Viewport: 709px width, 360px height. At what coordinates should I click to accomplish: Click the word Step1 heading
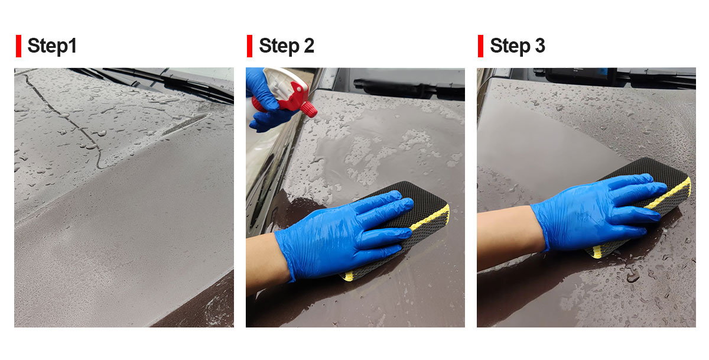pos(52,46)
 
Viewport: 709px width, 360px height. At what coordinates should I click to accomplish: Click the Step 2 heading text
pos(287,46)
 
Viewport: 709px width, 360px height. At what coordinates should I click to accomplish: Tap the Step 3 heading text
pos(518,46)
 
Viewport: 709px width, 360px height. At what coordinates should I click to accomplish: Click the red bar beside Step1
pos(19,46)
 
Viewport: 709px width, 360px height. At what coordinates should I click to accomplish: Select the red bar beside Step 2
pos(250,46)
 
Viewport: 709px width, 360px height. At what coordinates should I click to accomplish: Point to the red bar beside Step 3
pos(481,46)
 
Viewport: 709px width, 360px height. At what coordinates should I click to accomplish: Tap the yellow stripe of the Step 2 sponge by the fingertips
pos(431,217)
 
